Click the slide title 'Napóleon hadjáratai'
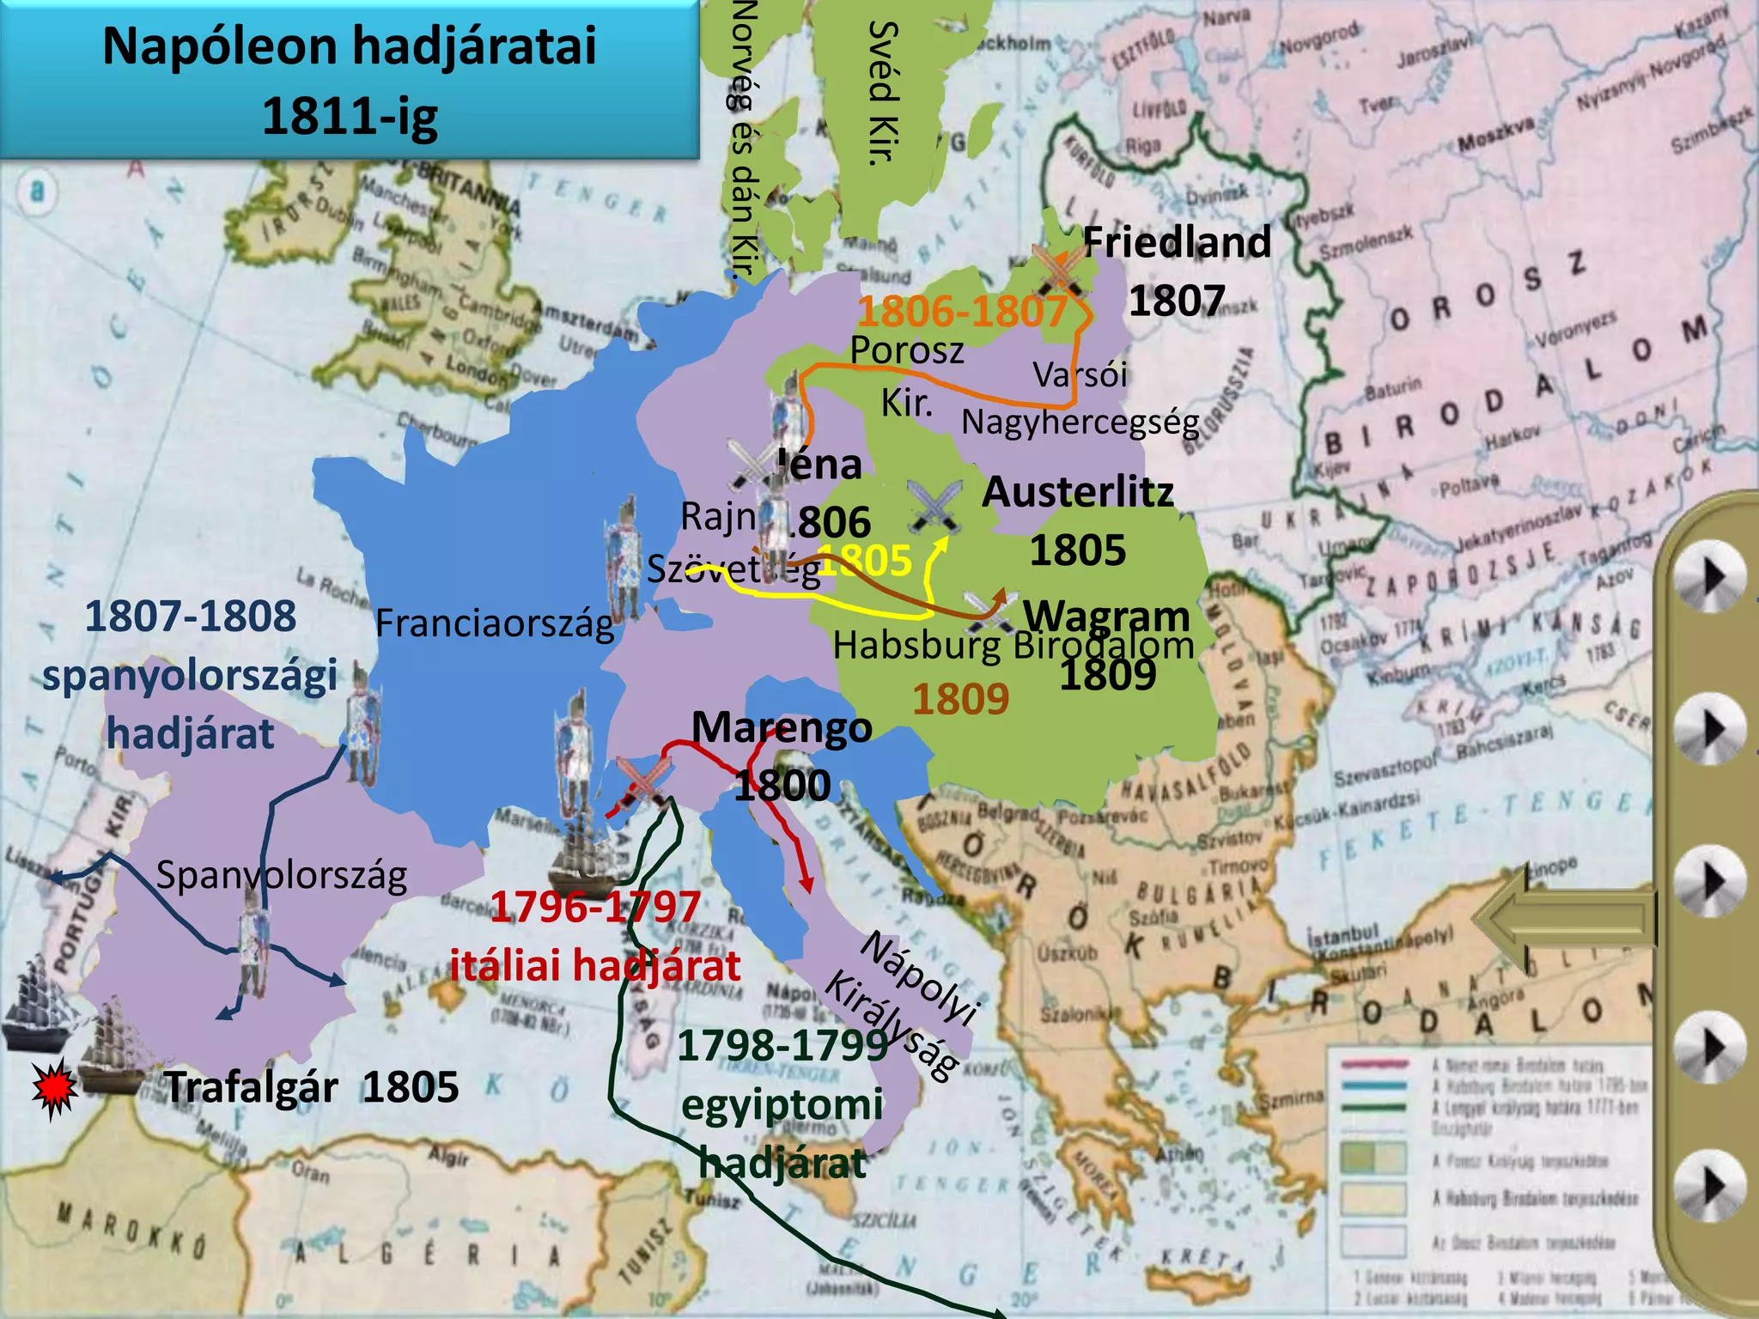click(x=349, y=46)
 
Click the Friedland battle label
click(x=1177, y=242)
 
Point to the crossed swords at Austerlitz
click(x=934, y=505)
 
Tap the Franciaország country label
click(x=495, y=623)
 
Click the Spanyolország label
click(x=282, y=876)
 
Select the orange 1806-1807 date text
click(x=962, y=311)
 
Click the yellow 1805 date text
click(x=864, y=562)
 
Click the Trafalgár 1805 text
click(x=313, y=1088)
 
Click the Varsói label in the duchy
click(x=1080, y=375)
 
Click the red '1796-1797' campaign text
click(x=595, y=908)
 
